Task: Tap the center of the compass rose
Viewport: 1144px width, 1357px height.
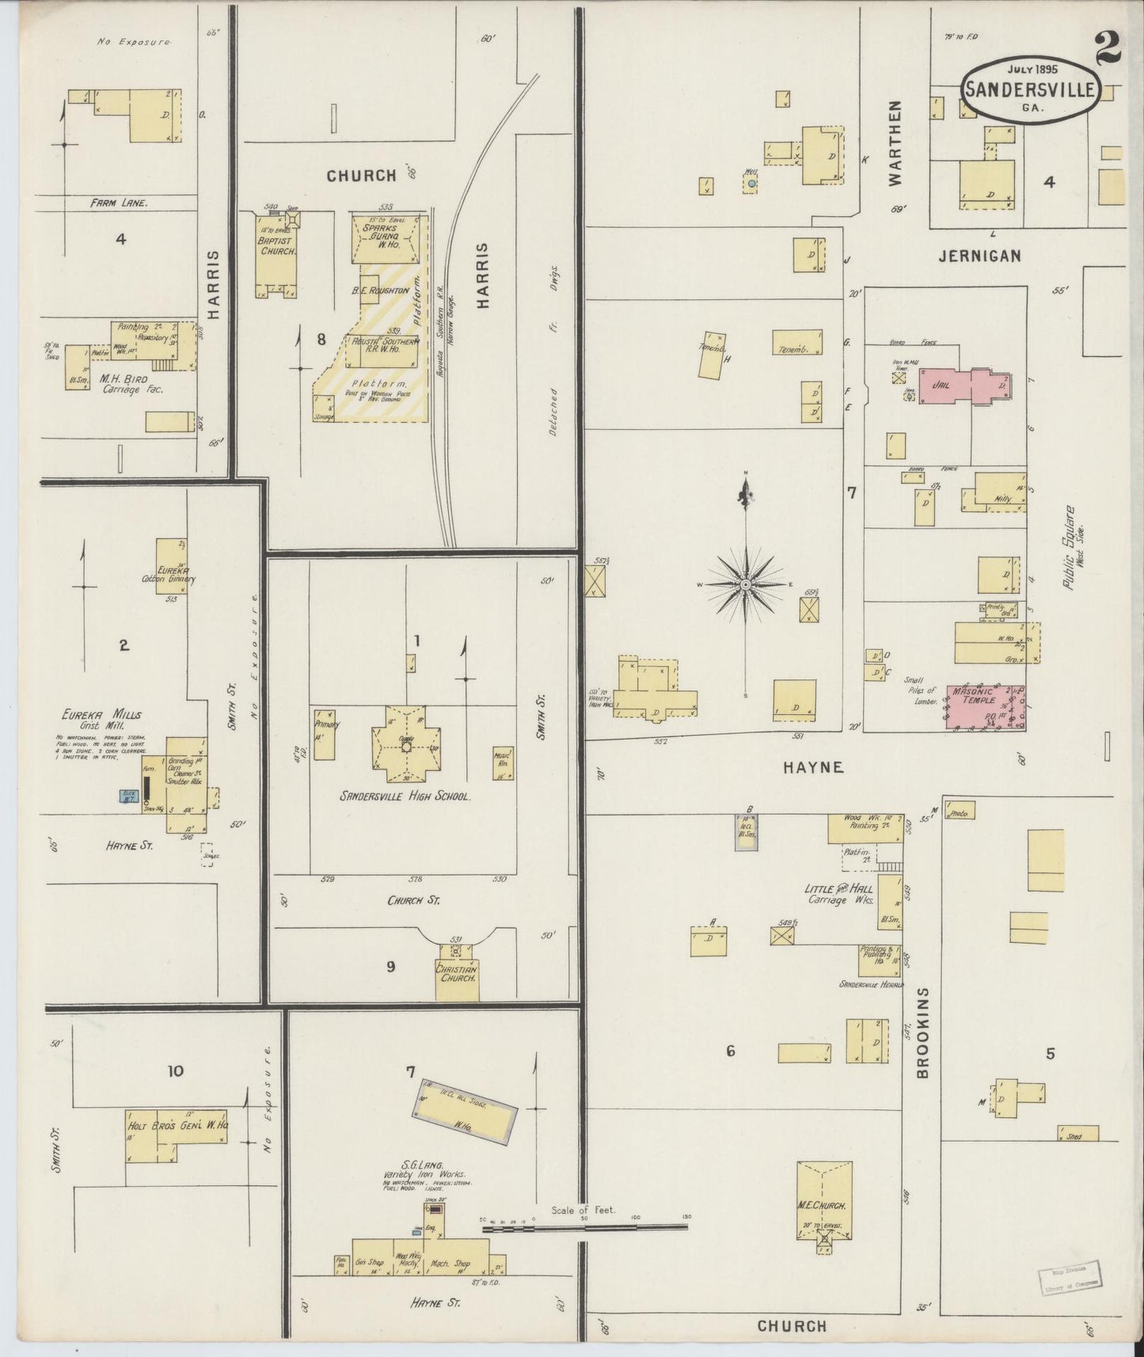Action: click(x=745, y=584)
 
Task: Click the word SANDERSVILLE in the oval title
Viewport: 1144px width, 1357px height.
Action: click(x=1029, y=89)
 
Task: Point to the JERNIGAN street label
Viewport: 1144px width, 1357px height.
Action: click(x=979, y=256)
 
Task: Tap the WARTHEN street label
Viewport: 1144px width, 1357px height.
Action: click(x=895, y=143)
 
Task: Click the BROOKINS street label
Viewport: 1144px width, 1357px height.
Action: click(x=922, y=1032)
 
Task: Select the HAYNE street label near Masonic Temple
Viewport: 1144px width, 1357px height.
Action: click(x=813, y=766)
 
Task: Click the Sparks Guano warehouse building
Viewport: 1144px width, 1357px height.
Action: click(x=388, y=238)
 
